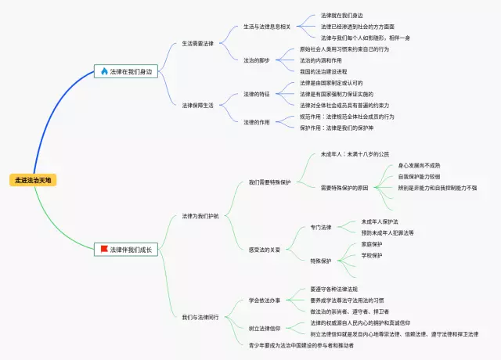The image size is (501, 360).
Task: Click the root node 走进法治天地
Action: tap(34, 180)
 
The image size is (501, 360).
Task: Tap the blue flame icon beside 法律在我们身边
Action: tap(104, 71)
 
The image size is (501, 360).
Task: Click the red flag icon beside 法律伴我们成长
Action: tap(104, 250)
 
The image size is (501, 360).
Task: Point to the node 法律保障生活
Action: tap(197, 104)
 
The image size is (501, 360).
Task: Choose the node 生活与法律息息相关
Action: tap(268, 26)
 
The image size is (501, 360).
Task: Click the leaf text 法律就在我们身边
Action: tap(341, 15)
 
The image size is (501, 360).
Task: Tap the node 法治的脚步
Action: tap(256, 59)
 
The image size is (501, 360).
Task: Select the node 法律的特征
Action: tap(256, 94)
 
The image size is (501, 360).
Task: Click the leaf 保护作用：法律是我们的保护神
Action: tap(347, 128)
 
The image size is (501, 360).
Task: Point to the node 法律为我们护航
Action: tap(200, 215)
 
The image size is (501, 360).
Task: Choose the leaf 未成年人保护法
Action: tap(380, 221)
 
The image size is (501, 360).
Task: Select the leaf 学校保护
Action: tap(372, 255)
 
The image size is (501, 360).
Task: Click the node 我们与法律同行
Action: tap(200, 317)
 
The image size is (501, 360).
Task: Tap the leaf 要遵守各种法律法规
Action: tap(344, 289)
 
